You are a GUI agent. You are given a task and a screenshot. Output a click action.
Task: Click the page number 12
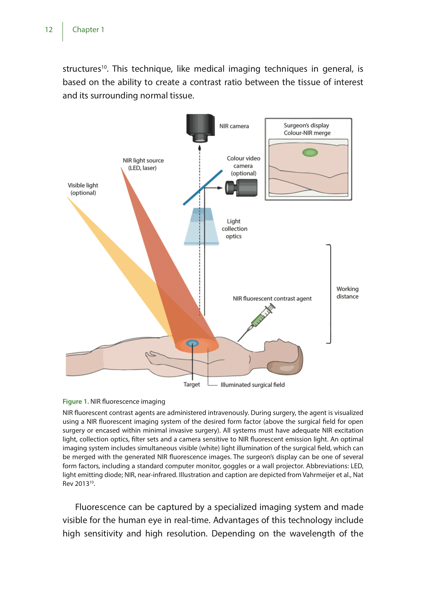pyautogui.click(x=49, y=30)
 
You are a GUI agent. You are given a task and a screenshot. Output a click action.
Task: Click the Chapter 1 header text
pyautogui.click(x=88, y=30)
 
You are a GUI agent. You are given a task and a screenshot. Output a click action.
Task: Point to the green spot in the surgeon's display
pyautogui.click(x=310, y=153)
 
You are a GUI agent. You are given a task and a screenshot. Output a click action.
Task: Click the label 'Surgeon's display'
pyautogui.click(x=306, y=125)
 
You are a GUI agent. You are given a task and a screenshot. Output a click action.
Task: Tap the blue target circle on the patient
pyautogui.click(x=192, y=344)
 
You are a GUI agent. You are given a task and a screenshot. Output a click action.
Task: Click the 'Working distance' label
pyautogui.click(x=347, y=293)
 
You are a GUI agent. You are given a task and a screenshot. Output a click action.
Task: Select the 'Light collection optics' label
pyautogui.click(x=234, y=229)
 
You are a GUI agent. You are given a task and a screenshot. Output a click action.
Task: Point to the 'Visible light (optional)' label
pyautogui.click(x=83, y=189)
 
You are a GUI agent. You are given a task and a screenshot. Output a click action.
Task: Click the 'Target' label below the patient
pyautogui.click(x=191, y=384)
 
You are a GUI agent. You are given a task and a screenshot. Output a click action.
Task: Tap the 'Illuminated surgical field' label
pyautogui.click(x=252, y=385)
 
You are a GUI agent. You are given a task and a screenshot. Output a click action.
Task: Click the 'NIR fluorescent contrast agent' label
pyautogui.click(x=272, y=299)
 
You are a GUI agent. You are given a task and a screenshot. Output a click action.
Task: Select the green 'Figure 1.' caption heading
pyautogui.click(x=76, y=402)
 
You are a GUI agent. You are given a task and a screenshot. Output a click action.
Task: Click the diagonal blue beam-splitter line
pyautogui.click(x=203, y=188)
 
